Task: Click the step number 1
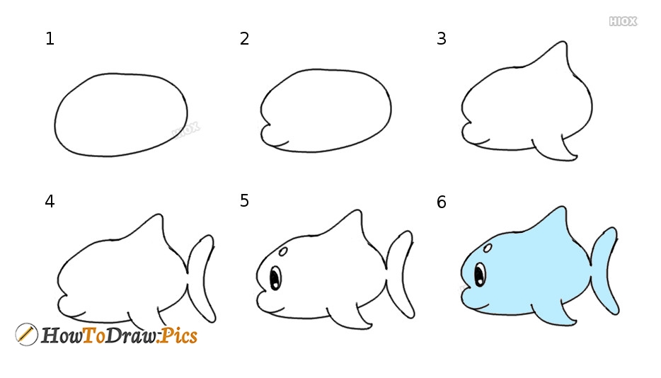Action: [x=50, y=39]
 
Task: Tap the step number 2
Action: [x=245, y=39]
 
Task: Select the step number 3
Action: [x=442, y=39]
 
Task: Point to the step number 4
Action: [x=50, y=202]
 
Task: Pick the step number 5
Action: [x=245, y=201]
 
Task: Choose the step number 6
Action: [x=442, y=202]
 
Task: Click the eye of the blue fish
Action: [x=481, y=274]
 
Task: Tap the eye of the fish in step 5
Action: [x=275, y=276]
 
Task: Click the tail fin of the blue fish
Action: [x=605, y=271]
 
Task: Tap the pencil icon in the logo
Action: [x=26, y=334]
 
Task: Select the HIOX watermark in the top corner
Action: [x=623, y=22]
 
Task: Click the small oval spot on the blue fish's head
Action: [x=488, y=248]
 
